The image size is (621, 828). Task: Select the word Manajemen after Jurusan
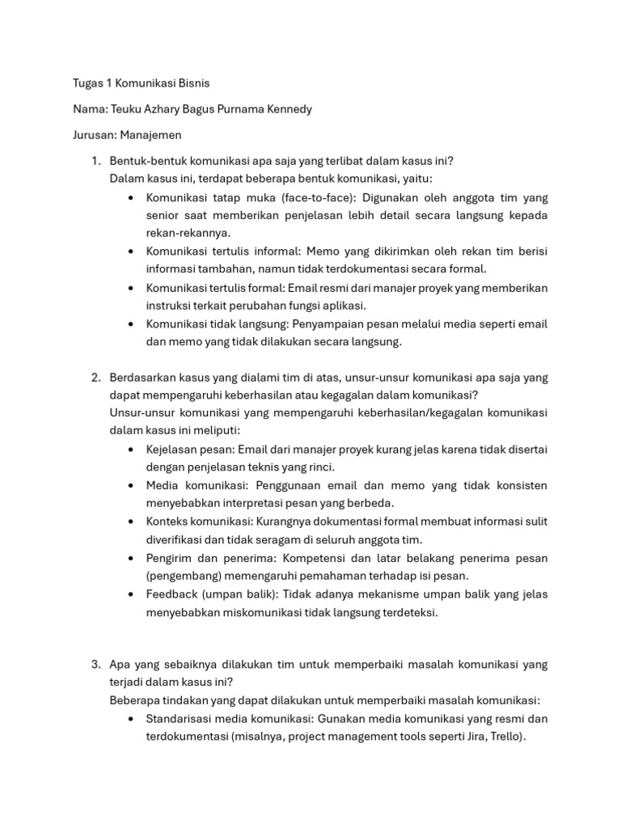(x=154, y=135)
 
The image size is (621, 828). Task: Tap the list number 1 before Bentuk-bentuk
(x=95, y=161)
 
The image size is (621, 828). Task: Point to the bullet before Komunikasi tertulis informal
(x=131, y=251)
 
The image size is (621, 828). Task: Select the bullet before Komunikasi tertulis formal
(x=131, y=288)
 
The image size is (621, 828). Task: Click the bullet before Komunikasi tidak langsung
(x=131, y=324)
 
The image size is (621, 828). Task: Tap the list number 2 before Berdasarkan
(x=95, y=378)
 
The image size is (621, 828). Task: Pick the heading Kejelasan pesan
(x=188, y=449)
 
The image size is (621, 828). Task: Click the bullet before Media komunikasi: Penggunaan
(x=131, y=485)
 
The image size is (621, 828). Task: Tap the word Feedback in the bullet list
(x=172, y=594)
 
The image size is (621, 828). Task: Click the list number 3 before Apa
(x=95, y=665)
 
